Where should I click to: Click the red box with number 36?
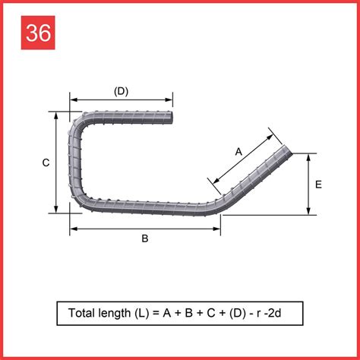click(38, 33)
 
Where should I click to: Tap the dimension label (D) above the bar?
click(121, 91)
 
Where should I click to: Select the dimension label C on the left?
click(46, 163)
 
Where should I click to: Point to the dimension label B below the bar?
click(145, 238)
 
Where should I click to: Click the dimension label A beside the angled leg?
click(238, 152)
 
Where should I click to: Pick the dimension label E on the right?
click(318, 185)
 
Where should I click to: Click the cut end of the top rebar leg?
click(172, 118)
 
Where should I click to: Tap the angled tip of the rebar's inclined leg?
click(288, 150)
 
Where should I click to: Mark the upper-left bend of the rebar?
click(77, 124)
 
